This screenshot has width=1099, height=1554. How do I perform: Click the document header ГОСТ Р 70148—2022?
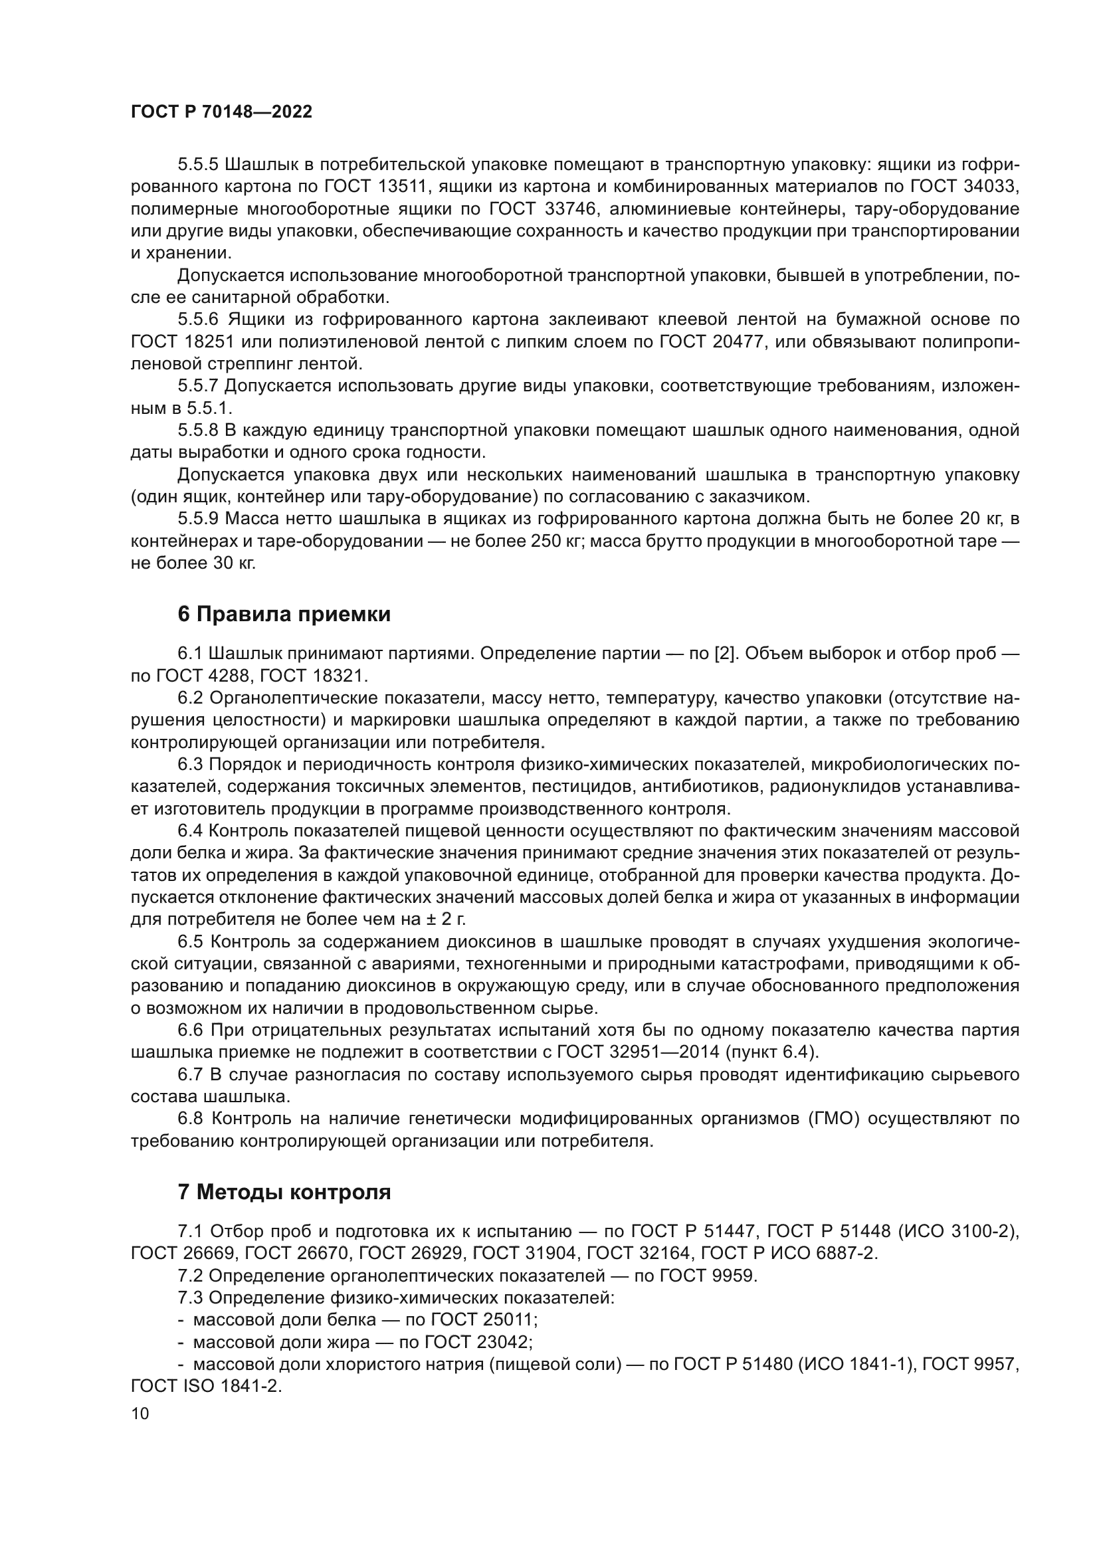pyautogui.click(x=221, y=112)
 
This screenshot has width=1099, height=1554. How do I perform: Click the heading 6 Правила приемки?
pyautogui.click(x=284, y=615)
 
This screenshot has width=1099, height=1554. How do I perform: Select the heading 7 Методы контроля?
pyautogui.click(x=284, y=1192)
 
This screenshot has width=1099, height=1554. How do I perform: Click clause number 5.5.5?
pyautogui.click(x=198, y=165)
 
